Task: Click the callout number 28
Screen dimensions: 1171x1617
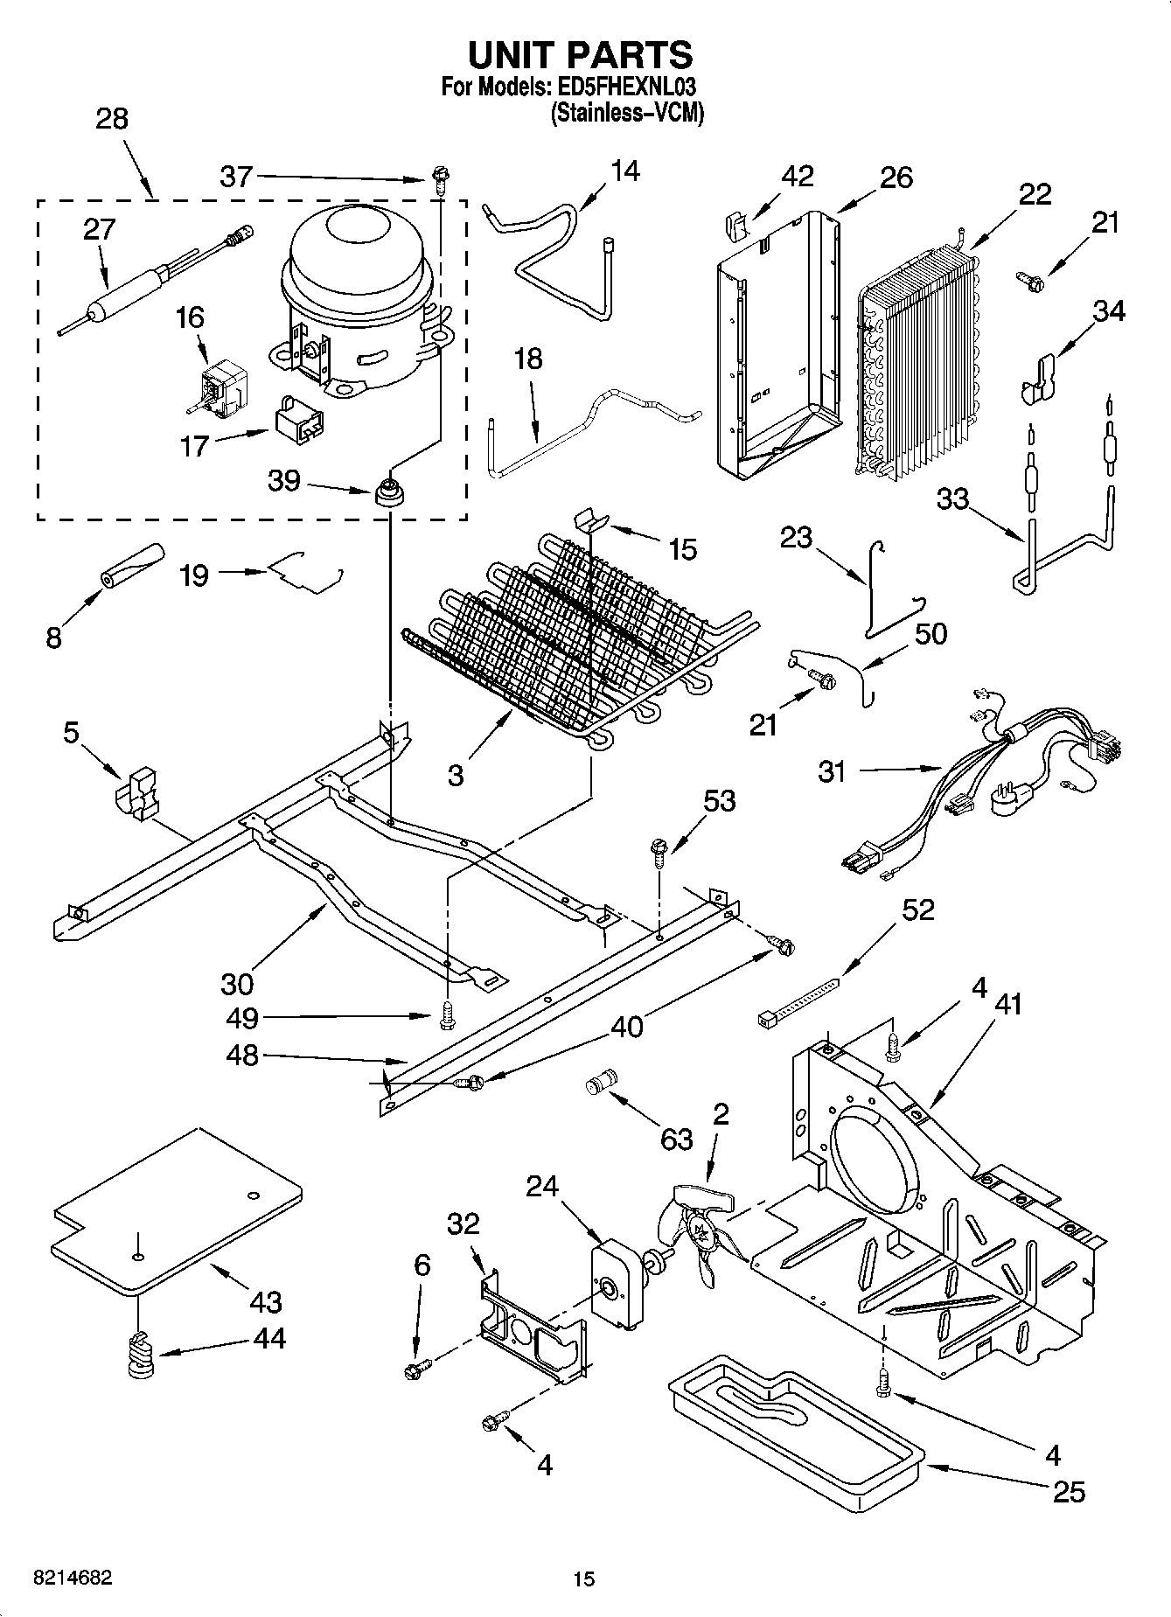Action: tap(112, 119)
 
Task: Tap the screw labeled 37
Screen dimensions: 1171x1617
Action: tap(438, 181)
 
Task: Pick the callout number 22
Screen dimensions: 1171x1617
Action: tap(1035, 193)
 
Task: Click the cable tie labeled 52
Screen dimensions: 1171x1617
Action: tap(797, 1001)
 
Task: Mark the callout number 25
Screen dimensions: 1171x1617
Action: tap(1069, 1491)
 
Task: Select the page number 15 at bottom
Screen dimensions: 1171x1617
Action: tap(584, 1579)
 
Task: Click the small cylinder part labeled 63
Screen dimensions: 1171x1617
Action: tap(600, 1082)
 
